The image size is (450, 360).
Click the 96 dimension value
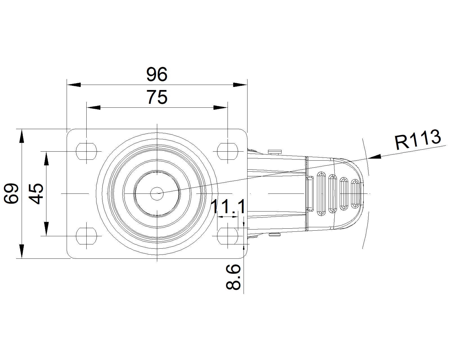coord(157,75)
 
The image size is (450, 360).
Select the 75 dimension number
coord(157,97)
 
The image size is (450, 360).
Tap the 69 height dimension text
coord(12,193)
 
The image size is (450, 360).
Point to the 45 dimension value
coord(37,193)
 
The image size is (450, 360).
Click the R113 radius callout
coord(417,139)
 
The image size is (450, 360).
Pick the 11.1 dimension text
coord(228,207)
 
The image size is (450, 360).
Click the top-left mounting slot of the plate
coord(86,151)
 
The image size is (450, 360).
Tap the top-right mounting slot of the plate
coord(227,151)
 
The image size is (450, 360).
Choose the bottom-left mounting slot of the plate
coord(86,236)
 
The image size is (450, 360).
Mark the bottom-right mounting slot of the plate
coord(227,236)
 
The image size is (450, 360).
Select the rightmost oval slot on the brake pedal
coord(355,194)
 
